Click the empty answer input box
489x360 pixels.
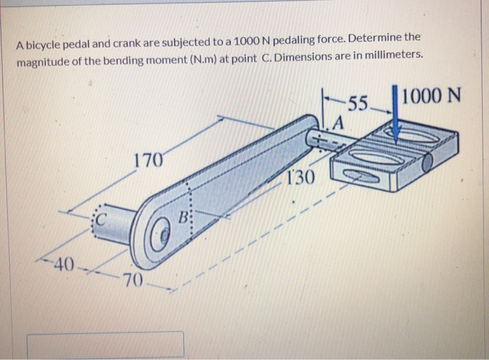[105, 344]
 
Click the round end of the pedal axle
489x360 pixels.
[428, 164]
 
